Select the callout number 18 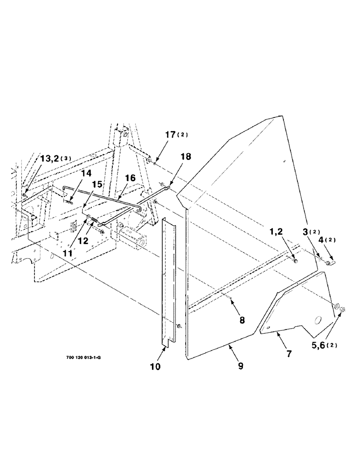coord(186,158)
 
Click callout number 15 coord(97,185)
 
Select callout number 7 coord(289,354)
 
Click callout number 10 coord(155,367)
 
